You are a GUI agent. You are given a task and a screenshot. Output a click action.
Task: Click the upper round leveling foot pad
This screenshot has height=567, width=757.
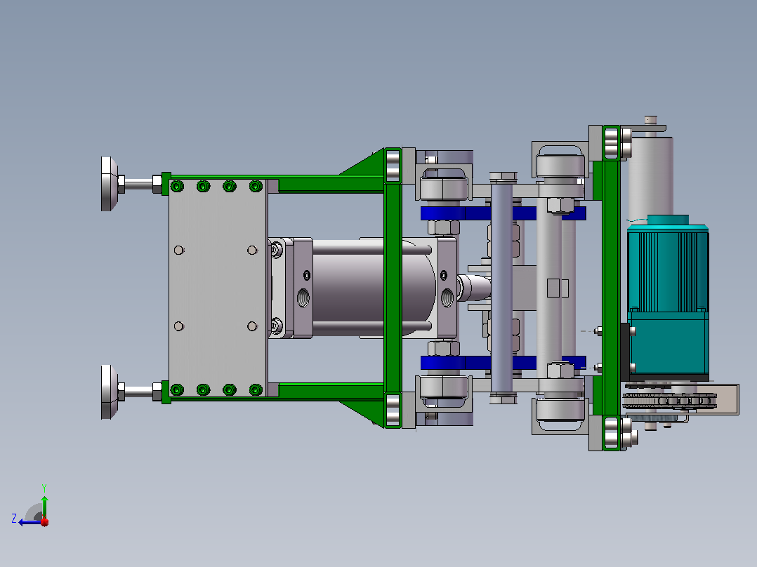[x=109, y=184]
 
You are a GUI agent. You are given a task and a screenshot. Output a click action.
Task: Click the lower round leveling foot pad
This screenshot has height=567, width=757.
[x=109, y=392]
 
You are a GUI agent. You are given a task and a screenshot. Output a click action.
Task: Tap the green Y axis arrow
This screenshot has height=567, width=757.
[x=44, y=506]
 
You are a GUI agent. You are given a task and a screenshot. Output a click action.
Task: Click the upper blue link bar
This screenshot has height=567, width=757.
[x=503, y=213]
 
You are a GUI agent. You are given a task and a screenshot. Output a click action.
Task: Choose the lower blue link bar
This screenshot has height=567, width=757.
[x=503, y=363]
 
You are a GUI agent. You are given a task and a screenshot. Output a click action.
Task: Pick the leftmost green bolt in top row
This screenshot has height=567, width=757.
[x=177, y=186]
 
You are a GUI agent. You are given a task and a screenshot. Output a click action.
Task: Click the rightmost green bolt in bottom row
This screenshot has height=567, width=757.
[x=256, y=389]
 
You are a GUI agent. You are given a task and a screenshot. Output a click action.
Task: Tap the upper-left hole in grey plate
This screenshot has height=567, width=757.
[x=178, y=250]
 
